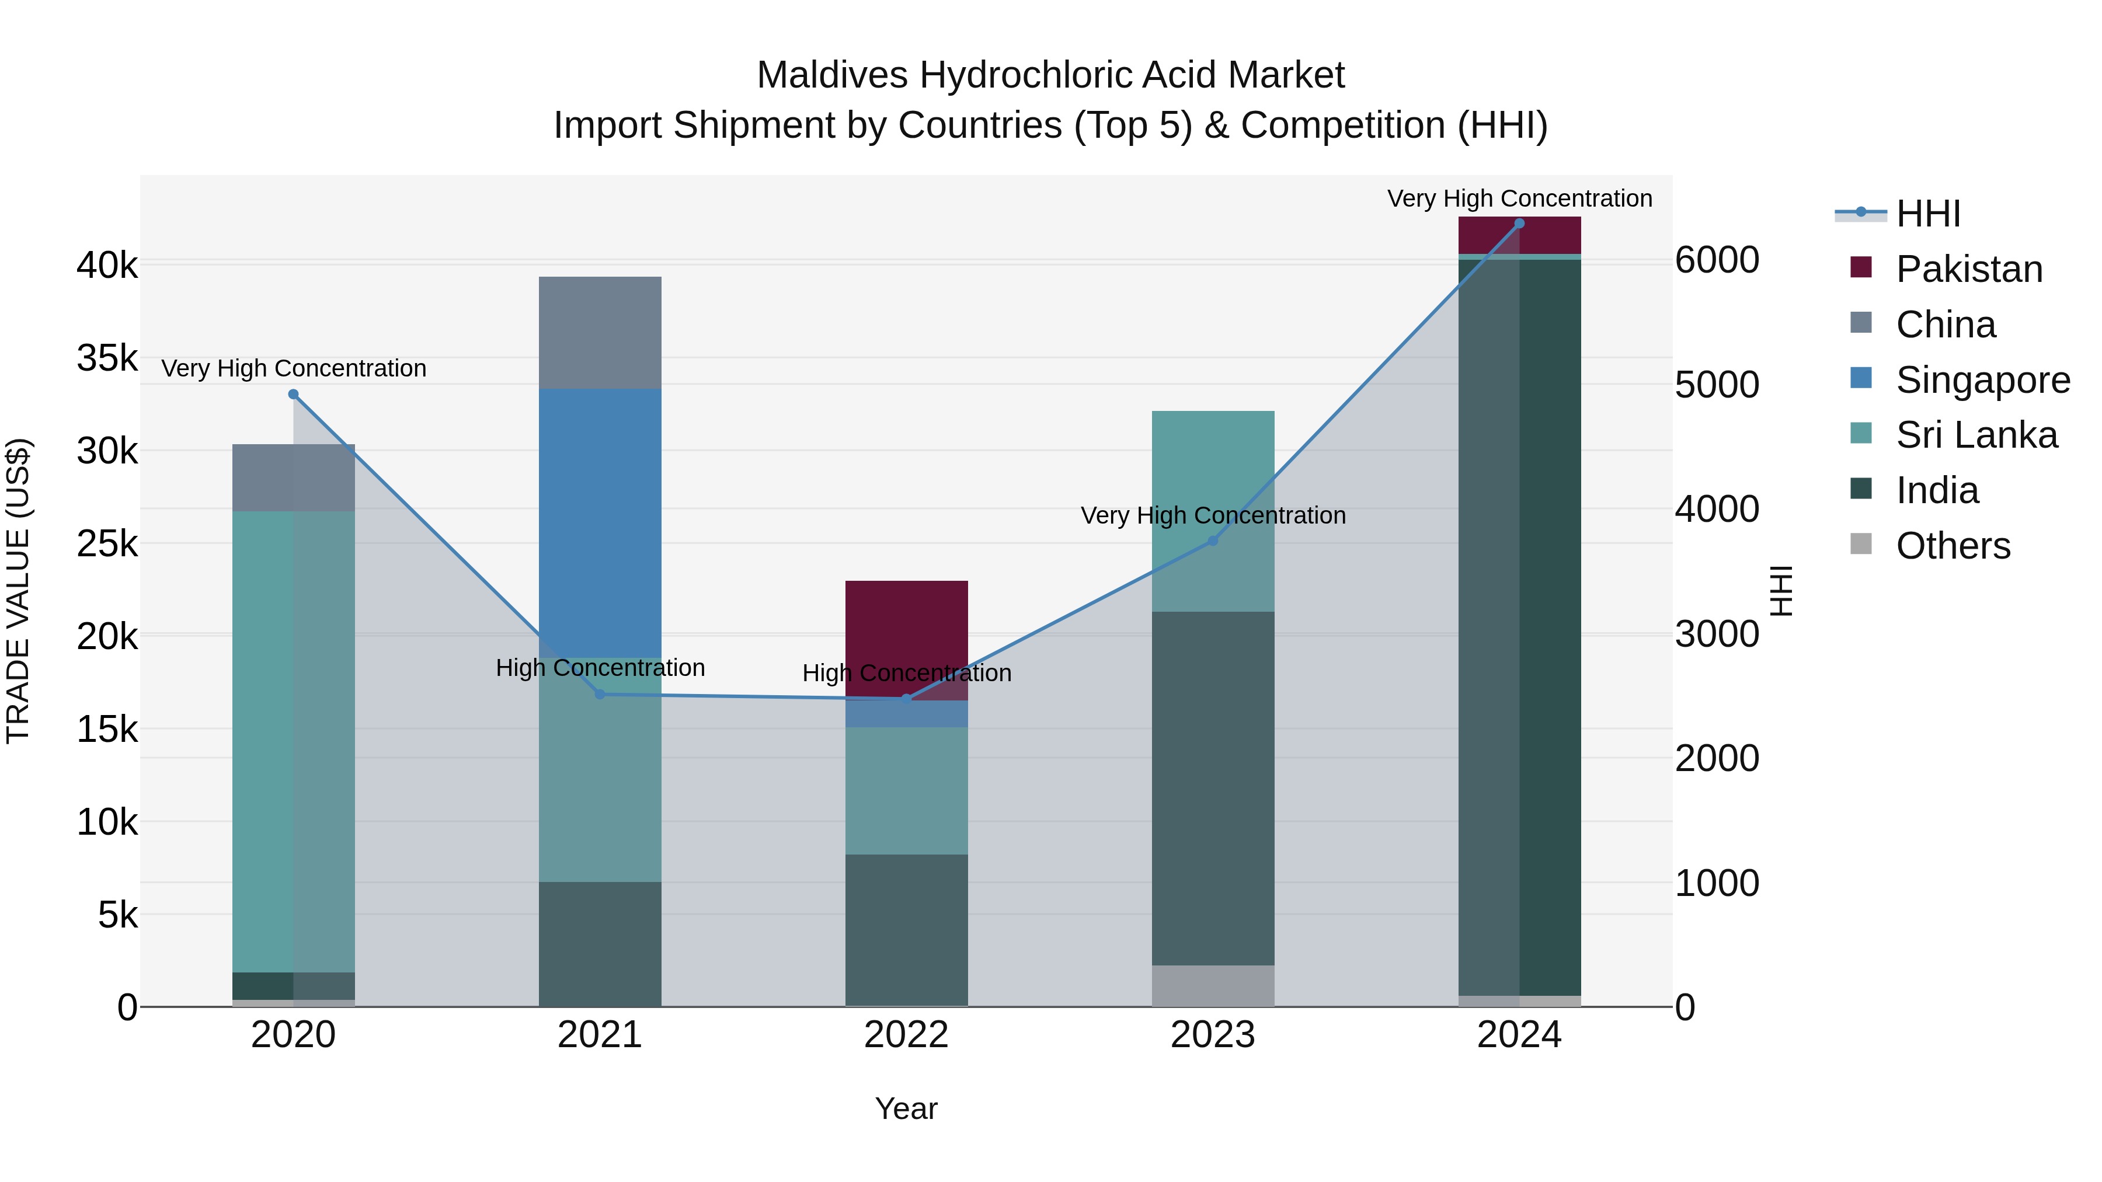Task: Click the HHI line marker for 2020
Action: (x=294, y=395)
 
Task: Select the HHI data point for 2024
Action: (x=1519, y=224)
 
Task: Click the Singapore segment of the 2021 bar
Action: (x=600, y=522)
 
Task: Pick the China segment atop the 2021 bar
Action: (x=600, y=333)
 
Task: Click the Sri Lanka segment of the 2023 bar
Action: (x=1213, y=473)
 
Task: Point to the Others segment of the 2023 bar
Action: (x=1213, y=985)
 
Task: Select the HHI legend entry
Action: (x=1927, y=214)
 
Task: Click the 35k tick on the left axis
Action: (x=107, y=358)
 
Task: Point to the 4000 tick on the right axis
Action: (x=1717, y=509)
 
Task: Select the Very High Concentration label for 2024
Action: (x=1519, y=199)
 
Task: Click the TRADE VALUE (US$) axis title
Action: (x=18, y=591)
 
